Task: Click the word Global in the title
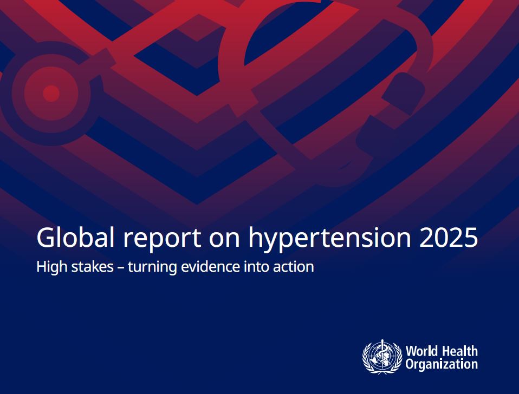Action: tap(75, 237)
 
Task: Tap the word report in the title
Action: tap(162, 239)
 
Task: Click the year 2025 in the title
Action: tap(449, 238)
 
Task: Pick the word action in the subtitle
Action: tap(294, 267)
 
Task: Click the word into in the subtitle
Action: tap(256, 266)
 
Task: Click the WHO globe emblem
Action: tap(382, 357)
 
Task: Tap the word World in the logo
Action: tap(421, 351)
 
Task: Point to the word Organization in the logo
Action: tap(442, 364)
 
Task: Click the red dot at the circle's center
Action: tap(51, 93)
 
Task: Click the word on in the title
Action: tap(224, 239)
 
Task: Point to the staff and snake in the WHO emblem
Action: tap(382, 356)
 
